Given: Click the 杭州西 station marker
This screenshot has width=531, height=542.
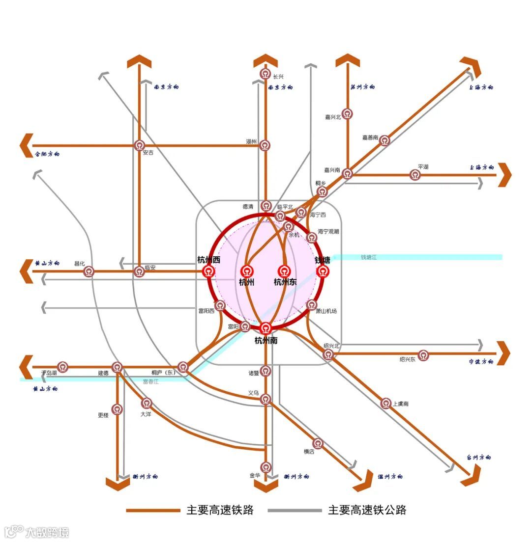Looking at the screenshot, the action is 209,271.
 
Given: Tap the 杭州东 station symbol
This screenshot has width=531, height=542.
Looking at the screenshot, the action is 284,271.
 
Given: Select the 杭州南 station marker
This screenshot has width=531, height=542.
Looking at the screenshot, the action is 265,328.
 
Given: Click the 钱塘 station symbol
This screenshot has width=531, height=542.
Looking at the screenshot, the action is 323,271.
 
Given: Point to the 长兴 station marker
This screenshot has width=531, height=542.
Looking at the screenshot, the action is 265,75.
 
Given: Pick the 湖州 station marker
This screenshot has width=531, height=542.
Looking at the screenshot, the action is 265,145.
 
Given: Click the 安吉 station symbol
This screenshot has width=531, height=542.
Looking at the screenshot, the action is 140,145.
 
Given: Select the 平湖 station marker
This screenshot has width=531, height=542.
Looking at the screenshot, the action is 415,174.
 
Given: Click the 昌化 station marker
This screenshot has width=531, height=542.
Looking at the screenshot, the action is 89,271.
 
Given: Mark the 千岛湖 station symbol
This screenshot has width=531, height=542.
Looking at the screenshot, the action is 63,367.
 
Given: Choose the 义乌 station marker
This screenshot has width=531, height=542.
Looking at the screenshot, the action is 265,399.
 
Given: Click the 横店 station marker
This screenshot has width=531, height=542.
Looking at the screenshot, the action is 319,443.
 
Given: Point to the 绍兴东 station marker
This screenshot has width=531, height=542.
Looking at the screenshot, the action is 423,354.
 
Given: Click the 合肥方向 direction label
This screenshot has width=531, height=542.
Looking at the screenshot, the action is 47,154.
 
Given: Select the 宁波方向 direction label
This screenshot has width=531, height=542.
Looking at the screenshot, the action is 480,362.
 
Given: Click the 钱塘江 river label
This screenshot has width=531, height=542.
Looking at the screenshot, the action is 368,257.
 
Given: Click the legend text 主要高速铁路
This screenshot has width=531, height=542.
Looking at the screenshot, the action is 220,510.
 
